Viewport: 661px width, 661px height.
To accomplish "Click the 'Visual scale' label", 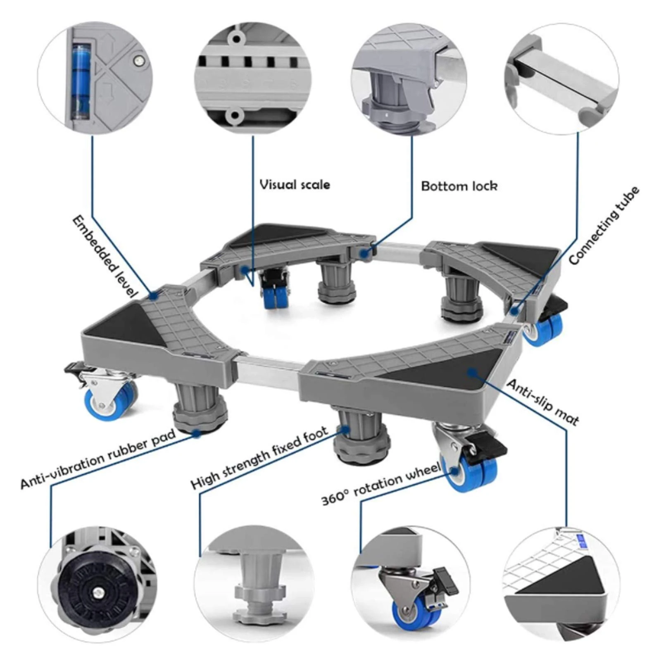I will point(295,184).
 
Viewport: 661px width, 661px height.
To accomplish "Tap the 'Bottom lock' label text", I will point(459,186).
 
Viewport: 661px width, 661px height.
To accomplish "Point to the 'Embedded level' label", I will point(104,256).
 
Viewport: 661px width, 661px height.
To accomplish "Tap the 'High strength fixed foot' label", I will point(259,458).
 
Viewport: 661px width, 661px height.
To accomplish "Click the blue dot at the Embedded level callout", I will point(154,295).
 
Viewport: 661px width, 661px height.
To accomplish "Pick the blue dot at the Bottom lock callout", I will point(364,254).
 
